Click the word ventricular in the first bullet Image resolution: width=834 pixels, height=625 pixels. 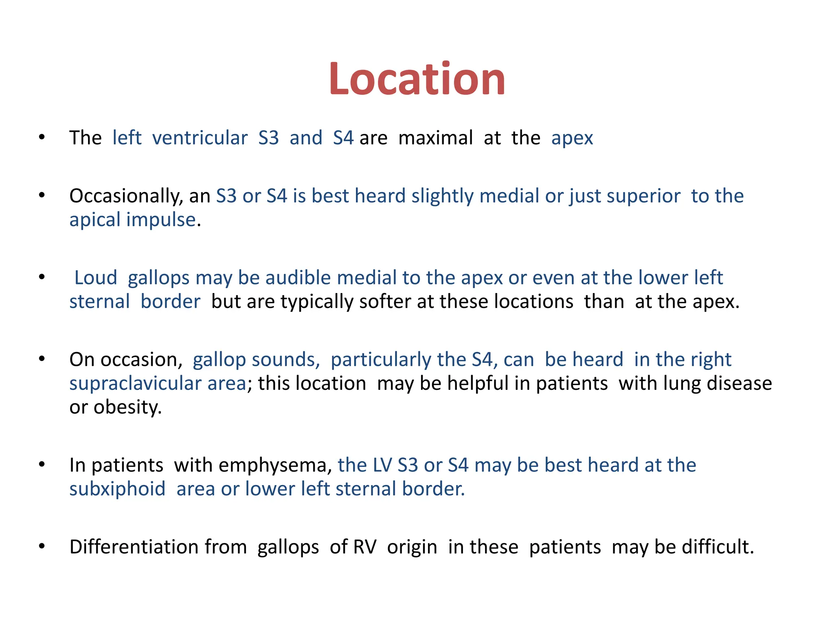200,138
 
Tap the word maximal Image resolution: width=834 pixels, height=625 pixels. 435,138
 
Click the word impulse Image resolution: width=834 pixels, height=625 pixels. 161,220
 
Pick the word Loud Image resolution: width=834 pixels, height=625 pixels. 96,278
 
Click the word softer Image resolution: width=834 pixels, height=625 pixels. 385,302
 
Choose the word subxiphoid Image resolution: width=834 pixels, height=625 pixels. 117,489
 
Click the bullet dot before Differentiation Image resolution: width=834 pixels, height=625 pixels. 42,546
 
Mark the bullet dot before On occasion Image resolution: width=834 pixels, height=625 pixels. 42,359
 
